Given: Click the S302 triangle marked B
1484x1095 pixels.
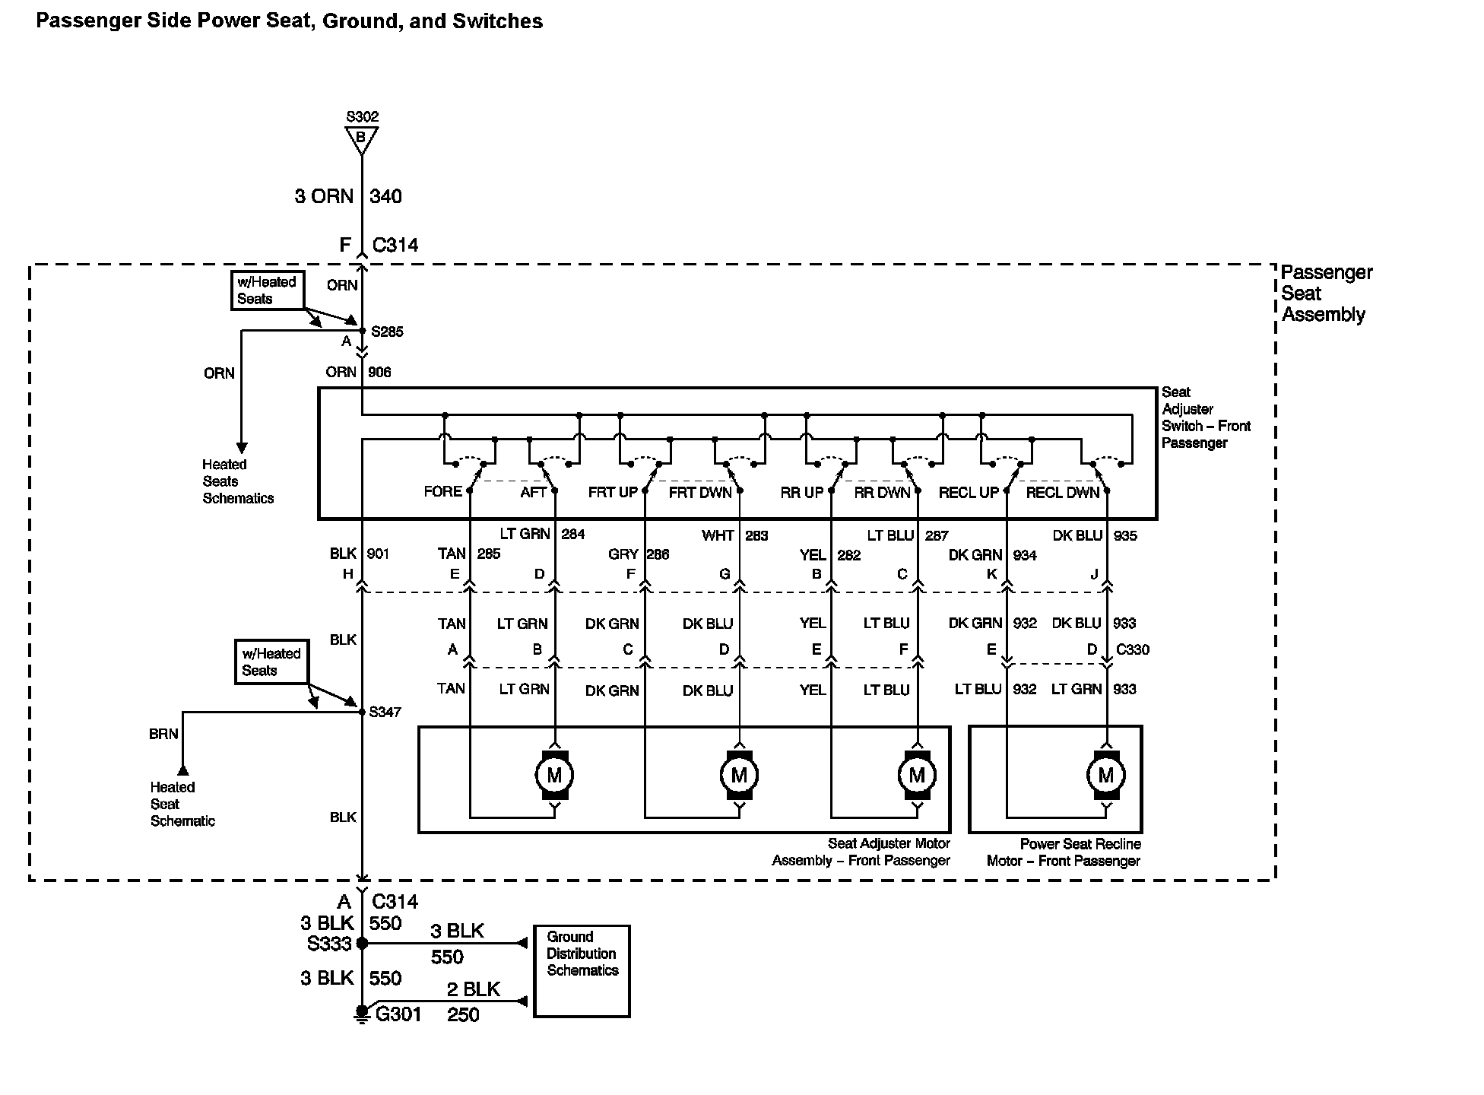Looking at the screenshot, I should (x=361, y=138).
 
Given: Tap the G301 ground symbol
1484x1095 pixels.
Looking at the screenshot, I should (x=362, y=1014).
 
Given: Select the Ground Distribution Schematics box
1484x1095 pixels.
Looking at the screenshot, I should (x=582, y=970).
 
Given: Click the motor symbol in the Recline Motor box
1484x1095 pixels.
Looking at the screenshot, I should (x=1105, y=776).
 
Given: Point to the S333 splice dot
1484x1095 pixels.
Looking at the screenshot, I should (x=362, y=943).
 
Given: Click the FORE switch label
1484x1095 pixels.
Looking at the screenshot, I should (x=442, y=492).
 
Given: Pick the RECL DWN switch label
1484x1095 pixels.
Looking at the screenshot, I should (x=1062, y=493).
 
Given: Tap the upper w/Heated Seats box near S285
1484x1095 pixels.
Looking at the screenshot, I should (x=267, y=290).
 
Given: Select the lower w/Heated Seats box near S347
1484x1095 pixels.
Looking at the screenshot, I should (x=271, y=662).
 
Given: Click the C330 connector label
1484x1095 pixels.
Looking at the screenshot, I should (x=1132, y=649).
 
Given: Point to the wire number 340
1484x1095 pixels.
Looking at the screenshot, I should (x=385, y=196).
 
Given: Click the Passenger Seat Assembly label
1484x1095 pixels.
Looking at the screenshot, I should (x=1326, y=294).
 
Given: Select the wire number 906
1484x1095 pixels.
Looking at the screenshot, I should (x=379, y=372).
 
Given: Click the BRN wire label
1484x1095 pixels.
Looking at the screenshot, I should (x=163, y=734).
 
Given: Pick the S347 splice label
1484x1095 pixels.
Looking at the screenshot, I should (x=385, y=712).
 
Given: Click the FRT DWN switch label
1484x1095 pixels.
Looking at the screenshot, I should (x=699, y=493).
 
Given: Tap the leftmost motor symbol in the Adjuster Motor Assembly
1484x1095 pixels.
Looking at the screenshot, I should (x=554, y=776).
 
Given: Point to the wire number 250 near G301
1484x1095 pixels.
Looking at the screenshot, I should (x=463, y=1014).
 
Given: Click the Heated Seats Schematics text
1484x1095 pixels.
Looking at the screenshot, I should (x=237, y=481).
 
